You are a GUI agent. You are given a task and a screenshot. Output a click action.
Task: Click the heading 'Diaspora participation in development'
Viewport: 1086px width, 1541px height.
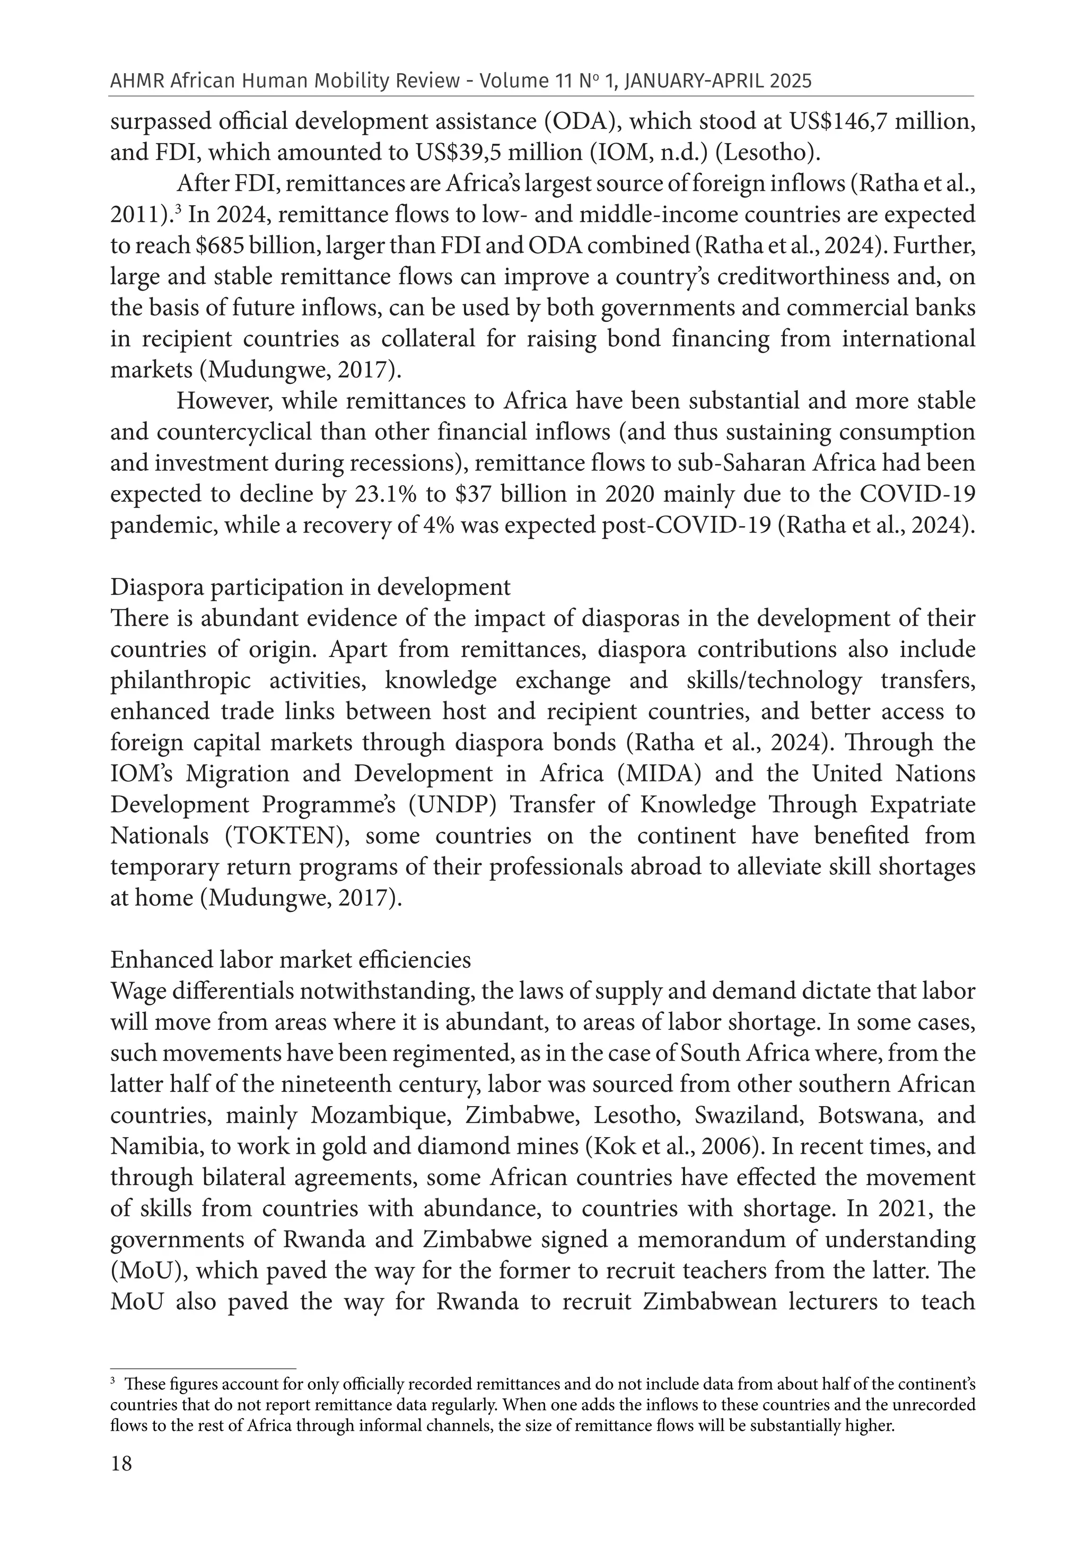(310, 587)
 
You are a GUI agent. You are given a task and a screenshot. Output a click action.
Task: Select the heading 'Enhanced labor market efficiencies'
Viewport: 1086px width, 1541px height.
(291, 960)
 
